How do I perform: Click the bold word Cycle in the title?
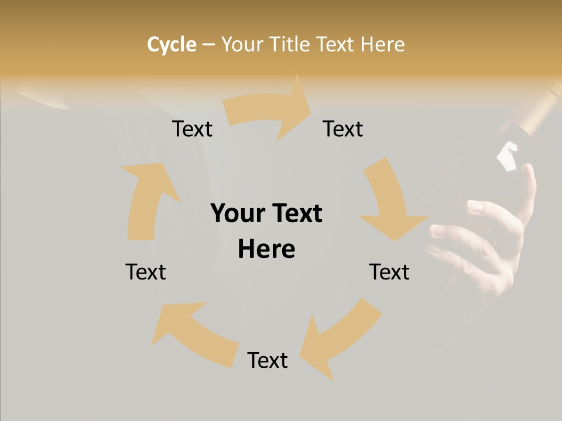(172, 44)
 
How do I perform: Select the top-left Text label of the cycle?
(192, 129)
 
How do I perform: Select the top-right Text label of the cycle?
(343, 129)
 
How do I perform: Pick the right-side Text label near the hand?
(389, 272)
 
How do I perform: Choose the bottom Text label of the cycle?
(268, 360)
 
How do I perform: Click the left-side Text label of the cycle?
(146, 272)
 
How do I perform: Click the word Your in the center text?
(237, 214)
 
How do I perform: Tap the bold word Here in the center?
(266, 250)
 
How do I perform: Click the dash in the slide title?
(208, 44)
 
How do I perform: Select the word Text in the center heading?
(295, 214)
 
